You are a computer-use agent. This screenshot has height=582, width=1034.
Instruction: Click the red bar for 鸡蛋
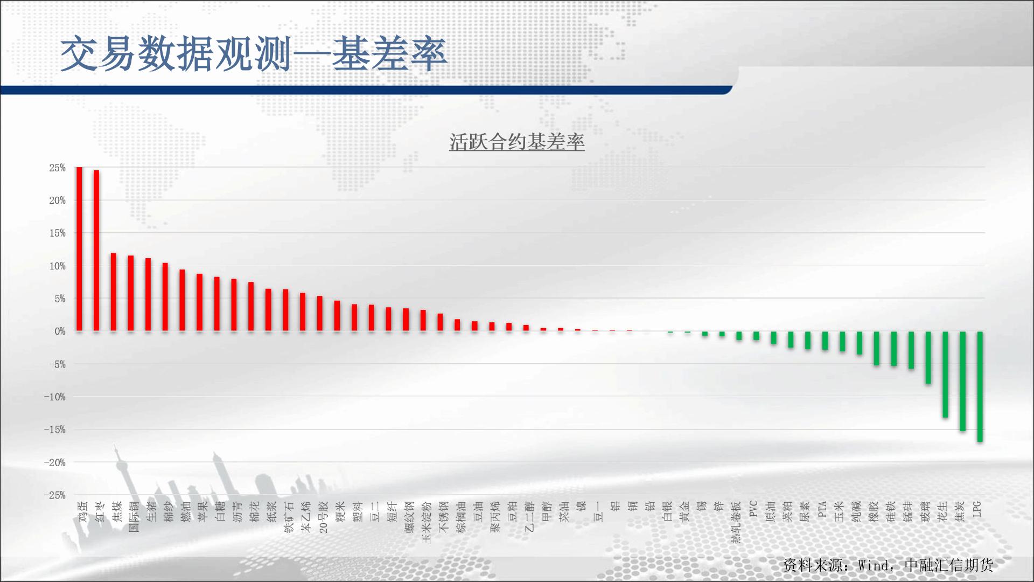[79, 249]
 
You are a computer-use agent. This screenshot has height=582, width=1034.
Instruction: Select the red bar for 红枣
[96, 251]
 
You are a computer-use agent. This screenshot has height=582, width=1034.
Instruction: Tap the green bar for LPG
[980, 387]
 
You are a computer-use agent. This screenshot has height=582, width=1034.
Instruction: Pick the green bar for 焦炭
[963, 381]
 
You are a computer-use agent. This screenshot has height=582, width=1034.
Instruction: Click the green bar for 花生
[946, 375]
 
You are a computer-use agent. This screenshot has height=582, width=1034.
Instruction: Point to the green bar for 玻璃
[928, 358]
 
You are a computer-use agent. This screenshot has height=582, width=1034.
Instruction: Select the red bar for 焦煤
[114, 292]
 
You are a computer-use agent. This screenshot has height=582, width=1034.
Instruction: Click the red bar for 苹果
[200, 302]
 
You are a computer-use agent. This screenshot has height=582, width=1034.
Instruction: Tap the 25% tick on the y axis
[58, 168]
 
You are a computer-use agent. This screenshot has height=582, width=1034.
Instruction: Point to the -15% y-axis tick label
[55, 430]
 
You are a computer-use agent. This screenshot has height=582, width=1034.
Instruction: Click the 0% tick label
[60, 332]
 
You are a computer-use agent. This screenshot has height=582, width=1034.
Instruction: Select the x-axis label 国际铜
[134, 516]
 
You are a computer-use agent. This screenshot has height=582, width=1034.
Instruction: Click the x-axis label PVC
[754, 509]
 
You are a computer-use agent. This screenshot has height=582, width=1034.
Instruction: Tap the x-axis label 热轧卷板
[737, 522]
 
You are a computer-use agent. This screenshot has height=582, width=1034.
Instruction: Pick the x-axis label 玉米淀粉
[427, 522]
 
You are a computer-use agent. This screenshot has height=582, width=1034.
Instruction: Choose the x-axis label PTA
[823, 509]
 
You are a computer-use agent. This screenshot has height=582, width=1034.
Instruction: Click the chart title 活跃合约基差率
[517, 142]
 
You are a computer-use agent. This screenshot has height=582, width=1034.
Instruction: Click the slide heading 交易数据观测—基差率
[254, 54]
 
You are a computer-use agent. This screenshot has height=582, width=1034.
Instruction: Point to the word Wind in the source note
[874, 565]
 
